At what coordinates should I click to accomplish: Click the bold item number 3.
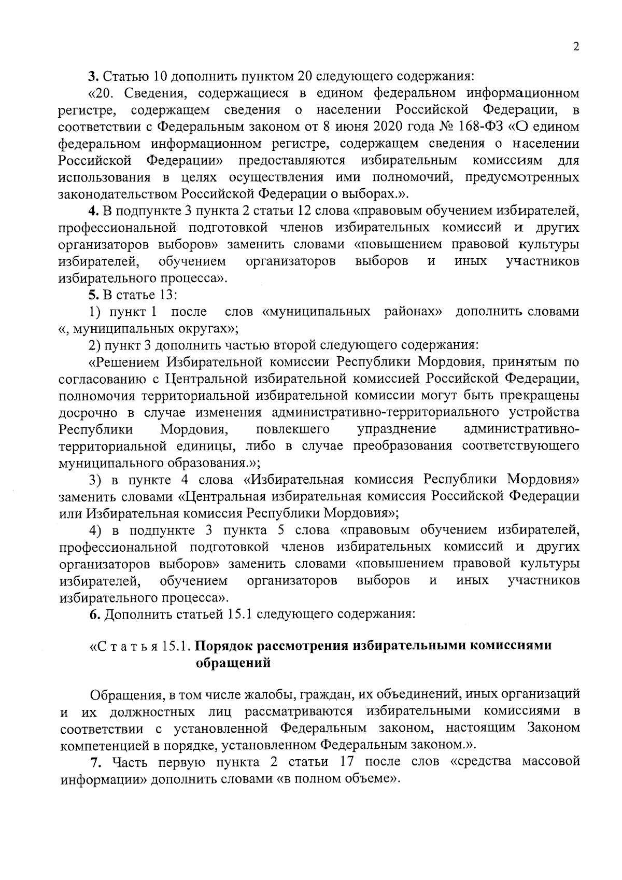tap(92, 77)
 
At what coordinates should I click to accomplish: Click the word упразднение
tap(397, 429)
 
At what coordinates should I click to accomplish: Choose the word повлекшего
tap(293, 429)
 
